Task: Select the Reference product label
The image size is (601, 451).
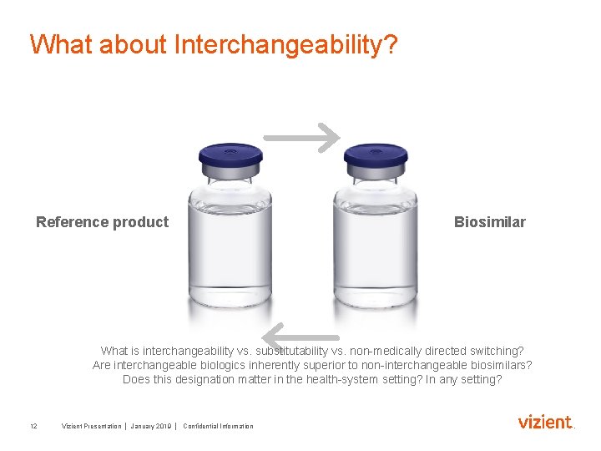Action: point(102,222)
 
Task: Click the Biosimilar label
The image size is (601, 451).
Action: point(489,222)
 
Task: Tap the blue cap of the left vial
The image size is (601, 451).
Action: point(230,155)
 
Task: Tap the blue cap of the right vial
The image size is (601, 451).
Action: point(376,155)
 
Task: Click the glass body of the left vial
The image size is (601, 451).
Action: point(230,251)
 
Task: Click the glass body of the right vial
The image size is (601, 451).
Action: point(376,251)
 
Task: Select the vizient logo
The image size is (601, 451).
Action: point(546,423)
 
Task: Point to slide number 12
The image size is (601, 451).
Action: point(33,426)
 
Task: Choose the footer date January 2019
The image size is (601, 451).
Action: point(151,426)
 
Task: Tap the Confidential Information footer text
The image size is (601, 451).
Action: point(218,426)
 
